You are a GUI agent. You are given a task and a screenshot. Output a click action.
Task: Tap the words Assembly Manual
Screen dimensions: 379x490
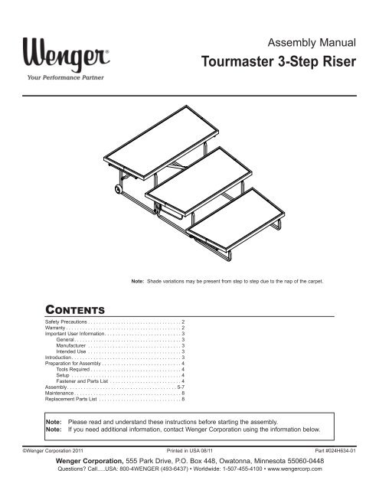click(309, 43)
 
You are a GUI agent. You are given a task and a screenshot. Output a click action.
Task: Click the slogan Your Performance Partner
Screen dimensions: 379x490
click(67, 78)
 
